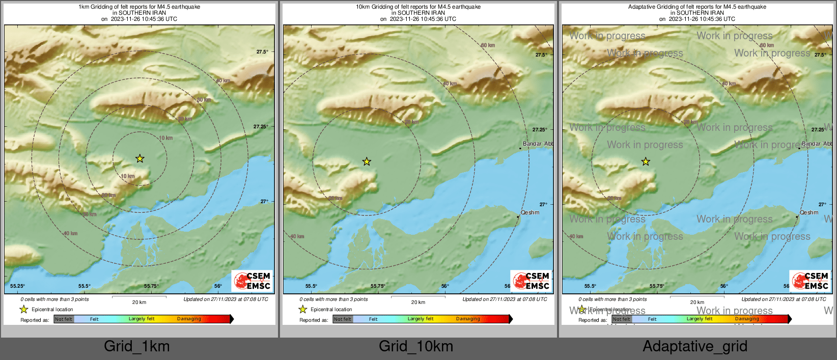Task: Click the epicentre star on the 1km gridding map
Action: (x=139, y=158)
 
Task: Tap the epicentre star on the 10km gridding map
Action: (x=367, y=161)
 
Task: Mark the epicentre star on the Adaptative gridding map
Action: (x=646, y=161)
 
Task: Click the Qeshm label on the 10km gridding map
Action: (x=530, y=212)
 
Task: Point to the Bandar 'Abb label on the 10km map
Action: (x=538, y=144)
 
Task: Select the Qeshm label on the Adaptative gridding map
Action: (x=809, y=212)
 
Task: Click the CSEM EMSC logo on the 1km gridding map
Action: (x=252, y=281)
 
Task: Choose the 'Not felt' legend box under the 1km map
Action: (x=64, y=319)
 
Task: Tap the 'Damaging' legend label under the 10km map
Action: (x=468, y=319)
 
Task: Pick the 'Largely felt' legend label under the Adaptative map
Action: (x=700, y=319)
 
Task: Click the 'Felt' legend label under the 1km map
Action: (x=94, y=319)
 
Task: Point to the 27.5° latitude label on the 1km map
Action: (x=262, y=52)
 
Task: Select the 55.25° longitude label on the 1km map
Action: (x=18, y=286)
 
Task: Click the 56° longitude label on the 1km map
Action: (x=218, y=286)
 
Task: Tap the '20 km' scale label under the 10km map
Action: (x=418, y=302)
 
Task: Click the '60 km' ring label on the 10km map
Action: (x=488, y=45)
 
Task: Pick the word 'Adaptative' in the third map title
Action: (x=641, y=7)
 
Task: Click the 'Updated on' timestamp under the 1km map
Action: (x=226, y=299)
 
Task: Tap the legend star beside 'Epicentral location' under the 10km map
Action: (x=303, y=309)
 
